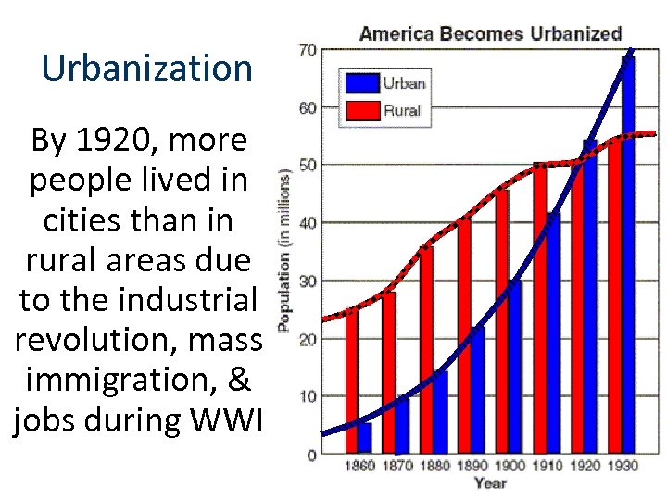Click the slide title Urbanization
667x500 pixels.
pos(147,68)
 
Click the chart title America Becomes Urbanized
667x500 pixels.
pos(490,34)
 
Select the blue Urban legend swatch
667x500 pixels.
pos(362,83)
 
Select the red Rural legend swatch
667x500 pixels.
pos(362,110)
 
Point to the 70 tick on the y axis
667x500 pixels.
pos(307,49)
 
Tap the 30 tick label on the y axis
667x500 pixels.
pos(307,281)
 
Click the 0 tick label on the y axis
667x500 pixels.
pos(310,455)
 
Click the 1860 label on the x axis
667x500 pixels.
pos(359,466)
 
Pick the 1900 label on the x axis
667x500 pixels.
pos(509,466)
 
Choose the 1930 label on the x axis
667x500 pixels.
pos(622,466)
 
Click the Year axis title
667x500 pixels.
pos(490,483)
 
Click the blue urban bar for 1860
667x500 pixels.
pos(364,438)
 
